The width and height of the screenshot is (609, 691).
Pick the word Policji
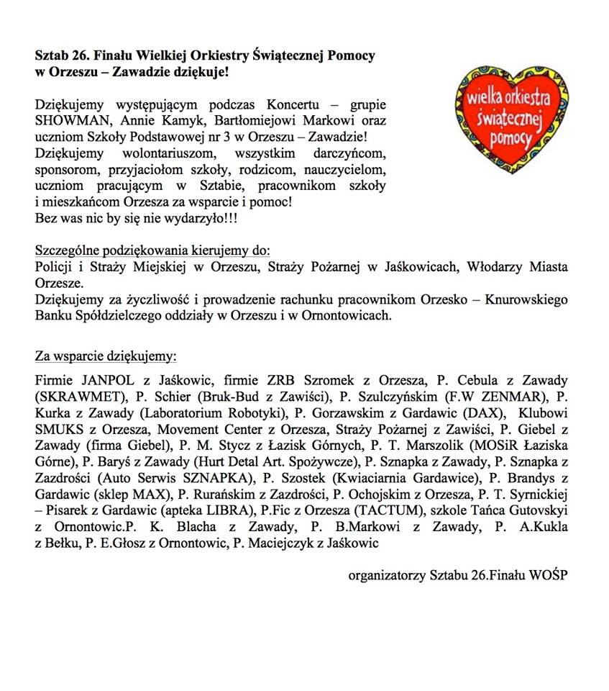pos(53,267)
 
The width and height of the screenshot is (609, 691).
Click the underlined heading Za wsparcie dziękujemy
pos(106,356)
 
